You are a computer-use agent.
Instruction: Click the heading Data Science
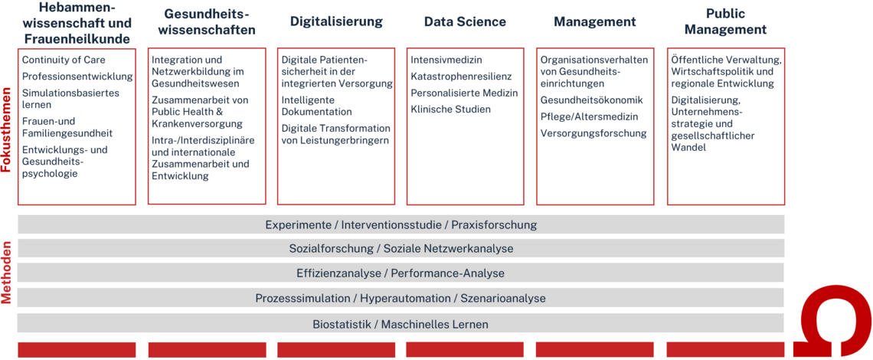tap(465, 21)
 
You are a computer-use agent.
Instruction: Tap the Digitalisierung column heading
tap(336, 21)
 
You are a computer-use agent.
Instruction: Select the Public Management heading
tap(725, 21)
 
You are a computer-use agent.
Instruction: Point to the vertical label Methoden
tap(7, 272)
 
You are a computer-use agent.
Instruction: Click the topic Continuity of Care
tap(64, 60)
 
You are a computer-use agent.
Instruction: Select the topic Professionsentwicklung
tap(78, 77)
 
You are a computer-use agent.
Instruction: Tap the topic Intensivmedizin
tap(446, 60)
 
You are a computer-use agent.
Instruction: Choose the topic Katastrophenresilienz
tap(461, 77)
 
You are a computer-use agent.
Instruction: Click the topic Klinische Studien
tap(451, 110)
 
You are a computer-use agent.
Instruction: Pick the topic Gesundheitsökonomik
tap(592, 100)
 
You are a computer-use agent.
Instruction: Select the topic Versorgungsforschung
tap(593, 133)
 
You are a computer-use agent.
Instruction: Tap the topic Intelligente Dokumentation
tap(317, 106)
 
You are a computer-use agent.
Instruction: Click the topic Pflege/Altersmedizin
tap(589, 117)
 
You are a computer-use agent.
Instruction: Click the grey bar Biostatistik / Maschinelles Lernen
tap(401, 324)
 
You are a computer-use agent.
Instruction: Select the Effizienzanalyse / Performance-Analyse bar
tap(401, 273)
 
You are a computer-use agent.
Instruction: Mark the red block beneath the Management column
tap(594, 349)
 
